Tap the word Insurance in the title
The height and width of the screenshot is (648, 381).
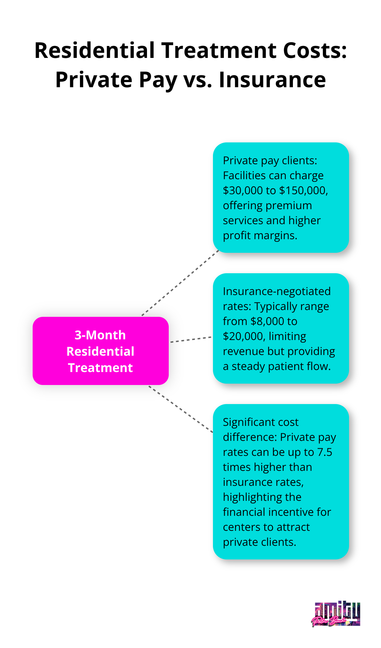pyautogui.click(x=272, y=80)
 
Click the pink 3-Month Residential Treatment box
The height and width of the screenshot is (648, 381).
pyautogui.click(x=101, y=351)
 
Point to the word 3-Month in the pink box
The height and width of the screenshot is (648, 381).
pyautogui.click(x=100, y=335)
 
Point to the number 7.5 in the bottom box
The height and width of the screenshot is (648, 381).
pyautogui.click(x=325, y=452)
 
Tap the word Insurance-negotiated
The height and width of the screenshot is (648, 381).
pyautogui.click(x=277, y=291)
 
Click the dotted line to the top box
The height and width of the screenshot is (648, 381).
pyautogui.click(x=180, y=283)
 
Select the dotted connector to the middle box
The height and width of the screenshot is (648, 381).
pyautogui.click(x=190, y=339)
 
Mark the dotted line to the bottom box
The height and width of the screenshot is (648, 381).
pyautogui.click(x=181, y=409)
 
